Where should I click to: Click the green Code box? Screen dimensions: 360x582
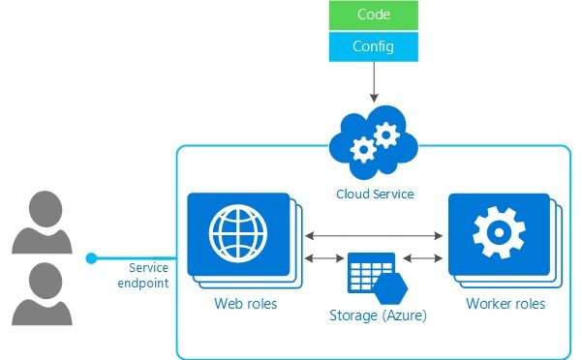pyautogui.click(x=374, y=15)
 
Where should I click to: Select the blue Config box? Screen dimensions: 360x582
pyautogui.click(x=374, y=45)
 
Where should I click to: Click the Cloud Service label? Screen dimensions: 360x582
pyautogui.click(x=374, y=195)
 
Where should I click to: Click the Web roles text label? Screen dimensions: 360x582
pyautogui.click(x=245, y=304)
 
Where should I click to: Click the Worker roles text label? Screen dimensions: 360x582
pyautogui.click(x=505, y=304)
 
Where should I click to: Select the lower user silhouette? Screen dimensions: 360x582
pyautogui.click(x=42, y=291)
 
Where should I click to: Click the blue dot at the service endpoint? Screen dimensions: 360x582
pyautogui.click(x=91, y=258)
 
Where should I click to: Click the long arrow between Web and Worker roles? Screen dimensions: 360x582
pyautogui.click(x=374, y=234)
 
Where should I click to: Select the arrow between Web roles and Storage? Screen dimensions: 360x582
pyautogui.click(x=322, y=258)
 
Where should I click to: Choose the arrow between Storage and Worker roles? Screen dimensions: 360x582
pyautogui.click(x=423, y=258)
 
